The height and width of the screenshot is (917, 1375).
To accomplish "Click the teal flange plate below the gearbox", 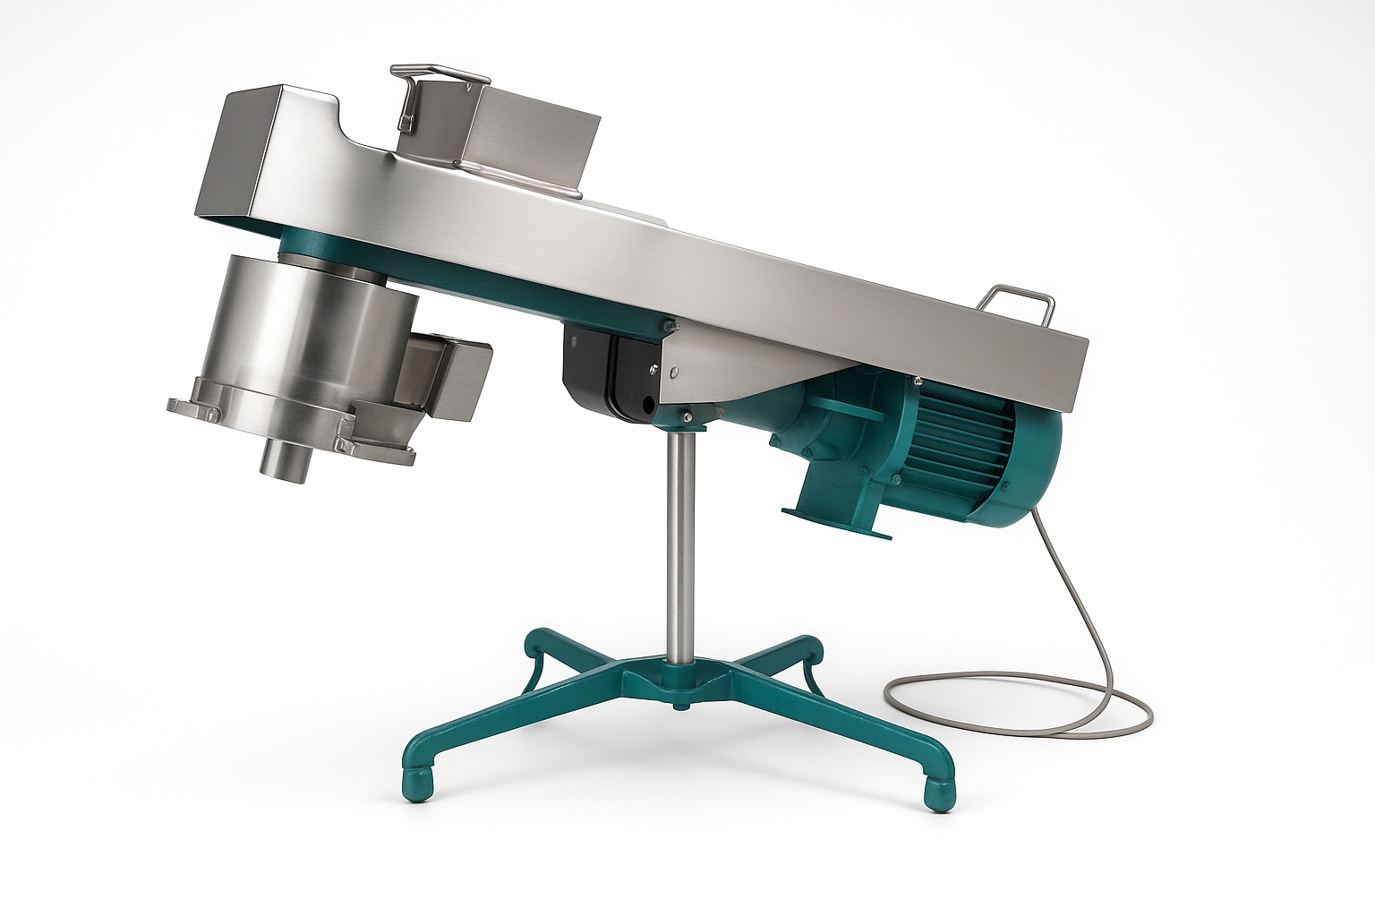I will click(836, 524).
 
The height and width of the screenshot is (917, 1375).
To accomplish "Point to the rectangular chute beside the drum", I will click(448, 376).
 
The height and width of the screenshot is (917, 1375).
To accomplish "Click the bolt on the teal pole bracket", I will click(685, 414).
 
